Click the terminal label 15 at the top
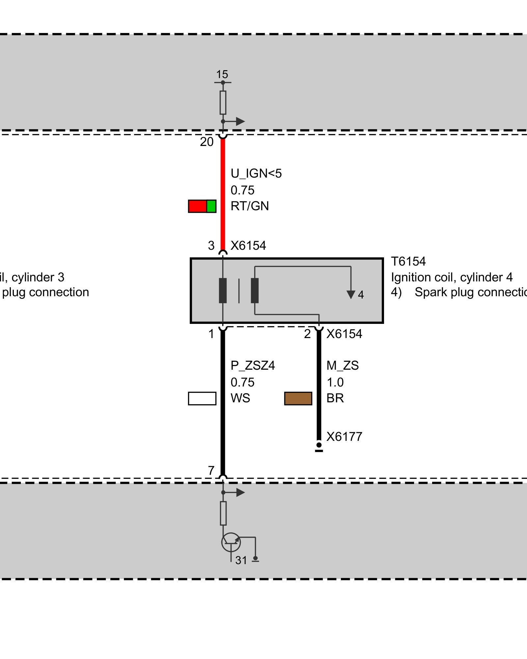[222, 74]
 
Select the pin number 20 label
[207, 142]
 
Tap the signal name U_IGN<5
[256, 174]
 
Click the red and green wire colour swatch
[202, 206]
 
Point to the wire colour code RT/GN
[250, 206]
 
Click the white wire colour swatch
[202, 398]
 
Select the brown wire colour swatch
[298, 398]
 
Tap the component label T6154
[408, 262]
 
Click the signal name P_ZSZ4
[253, 366]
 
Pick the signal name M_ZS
[343, 366]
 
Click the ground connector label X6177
[344, 437]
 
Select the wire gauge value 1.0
[335, 383]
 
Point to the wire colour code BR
[335, 398]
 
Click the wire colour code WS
[240, 398]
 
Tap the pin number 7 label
[211, 471]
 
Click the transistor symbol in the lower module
[231, 542]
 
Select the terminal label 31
[241, 560]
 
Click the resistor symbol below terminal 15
[223, 102]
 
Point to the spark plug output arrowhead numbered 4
[351, 294]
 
